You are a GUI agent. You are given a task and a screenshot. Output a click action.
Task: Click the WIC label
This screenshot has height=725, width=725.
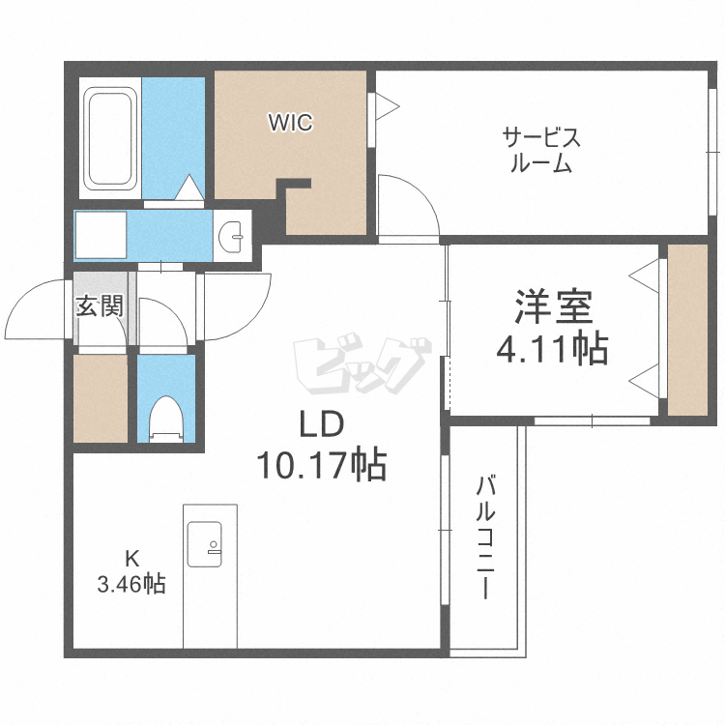point(291,123)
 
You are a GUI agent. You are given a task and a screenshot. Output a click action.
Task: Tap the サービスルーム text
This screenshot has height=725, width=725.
point(541,150)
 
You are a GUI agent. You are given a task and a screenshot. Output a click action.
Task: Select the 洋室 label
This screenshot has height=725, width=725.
point(554,306)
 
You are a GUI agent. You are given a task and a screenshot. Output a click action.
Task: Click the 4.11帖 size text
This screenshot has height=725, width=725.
point(552,349)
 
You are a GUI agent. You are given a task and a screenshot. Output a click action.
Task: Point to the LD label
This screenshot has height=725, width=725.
point(322,424)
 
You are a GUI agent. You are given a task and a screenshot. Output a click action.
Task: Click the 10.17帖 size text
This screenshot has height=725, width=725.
point(322,465)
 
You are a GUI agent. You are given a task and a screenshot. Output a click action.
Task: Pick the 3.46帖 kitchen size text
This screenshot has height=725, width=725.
point(131,585)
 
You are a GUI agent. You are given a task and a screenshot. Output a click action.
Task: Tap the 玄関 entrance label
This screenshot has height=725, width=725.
point(100,306)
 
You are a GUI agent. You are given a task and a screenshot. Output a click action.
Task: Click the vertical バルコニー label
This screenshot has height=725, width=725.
point(485,537)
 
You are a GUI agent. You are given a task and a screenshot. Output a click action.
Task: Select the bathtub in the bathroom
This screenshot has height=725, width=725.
point(110,139)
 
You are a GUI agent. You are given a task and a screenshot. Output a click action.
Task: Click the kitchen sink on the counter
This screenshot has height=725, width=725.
point(204,544)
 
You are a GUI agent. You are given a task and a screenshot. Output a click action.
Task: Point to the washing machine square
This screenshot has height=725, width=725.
point(101,235)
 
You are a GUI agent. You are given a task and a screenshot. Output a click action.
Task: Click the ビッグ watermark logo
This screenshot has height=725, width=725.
point(362,365)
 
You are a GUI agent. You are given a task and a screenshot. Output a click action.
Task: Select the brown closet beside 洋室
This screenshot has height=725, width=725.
point(688,330)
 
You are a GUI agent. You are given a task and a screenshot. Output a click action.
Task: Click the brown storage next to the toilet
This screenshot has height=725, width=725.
point(101,398)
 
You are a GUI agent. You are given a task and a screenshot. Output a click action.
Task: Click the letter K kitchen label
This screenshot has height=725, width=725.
point(131,559)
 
